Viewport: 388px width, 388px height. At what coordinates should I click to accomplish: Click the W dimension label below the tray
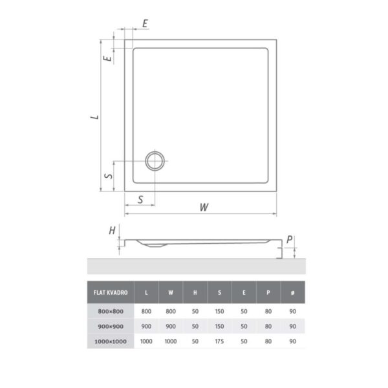[204, 207]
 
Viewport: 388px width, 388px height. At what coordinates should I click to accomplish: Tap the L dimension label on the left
[94, 117]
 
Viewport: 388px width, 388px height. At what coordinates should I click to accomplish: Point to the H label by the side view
[112, 231]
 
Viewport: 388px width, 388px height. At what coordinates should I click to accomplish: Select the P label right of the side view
[289, 239]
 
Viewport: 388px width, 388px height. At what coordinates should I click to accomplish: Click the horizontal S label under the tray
[140, 199]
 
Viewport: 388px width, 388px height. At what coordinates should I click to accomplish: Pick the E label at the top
[145, 23]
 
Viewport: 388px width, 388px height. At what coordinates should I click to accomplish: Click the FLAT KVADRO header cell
[111, 292]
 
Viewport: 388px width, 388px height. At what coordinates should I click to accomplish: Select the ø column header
[293, 292]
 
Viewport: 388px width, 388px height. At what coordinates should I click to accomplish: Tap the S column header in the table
[219, 292]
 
